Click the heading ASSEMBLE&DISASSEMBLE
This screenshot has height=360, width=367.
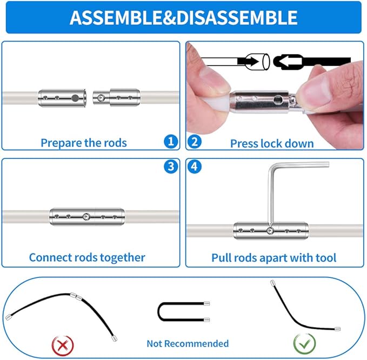tap(184, 17)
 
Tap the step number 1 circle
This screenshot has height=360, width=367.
tap(171, 142)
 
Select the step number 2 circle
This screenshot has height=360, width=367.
tap(195, 142)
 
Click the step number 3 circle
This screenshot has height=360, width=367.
tap(171, 166)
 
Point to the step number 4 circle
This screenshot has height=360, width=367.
tap(195, 166)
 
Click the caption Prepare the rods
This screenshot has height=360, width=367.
tap(84, 143)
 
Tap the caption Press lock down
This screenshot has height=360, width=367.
tap(272, 143)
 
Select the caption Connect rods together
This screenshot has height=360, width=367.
tap(87, 257)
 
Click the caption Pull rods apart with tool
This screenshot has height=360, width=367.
tap(274, 258)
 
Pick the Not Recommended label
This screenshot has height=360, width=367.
tap(188, 344)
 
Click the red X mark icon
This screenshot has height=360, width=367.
tap(63, 346)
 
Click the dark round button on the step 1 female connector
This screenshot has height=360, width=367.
tap(75, 98)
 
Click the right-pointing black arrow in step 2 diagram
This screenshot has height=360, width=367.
tap(249, 62)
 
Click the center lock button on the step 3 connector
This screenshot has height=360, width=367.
tap(86, 217)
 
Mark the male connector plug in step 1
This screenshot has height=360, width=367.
tap(117, 98)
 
